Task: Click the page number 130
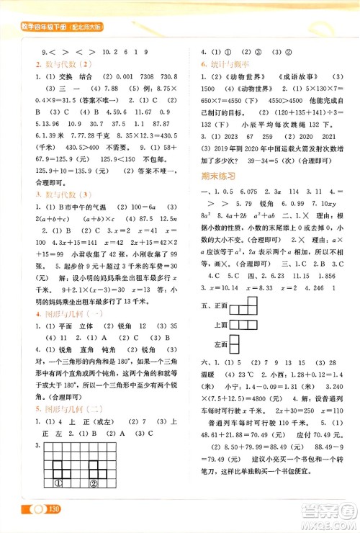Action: (53, 510)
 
